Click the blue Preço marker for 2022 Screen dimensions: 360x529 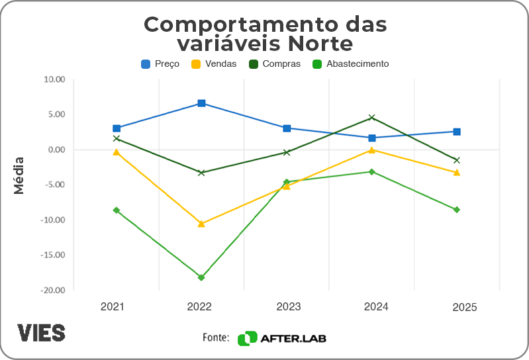[201, 103]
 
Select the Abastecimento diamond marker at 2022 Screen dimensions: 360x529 [201, 277]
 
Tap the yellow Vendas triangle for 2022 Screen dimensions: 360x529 [201, 224]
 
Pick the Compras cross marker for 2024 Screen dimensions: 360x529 [372, 118]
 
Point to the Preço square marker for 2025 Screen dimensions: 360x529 [457, 132]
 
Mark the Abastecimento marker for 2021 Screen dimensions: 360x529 [117, 210]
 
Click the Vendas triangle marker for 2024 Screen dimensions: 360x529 [372, 150]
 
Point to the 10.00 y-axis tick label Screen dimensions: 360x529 [54, 79]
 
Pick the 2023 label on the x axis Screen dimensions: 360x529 [288, 307]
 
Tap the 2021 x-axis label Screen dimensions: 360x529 [113, 307]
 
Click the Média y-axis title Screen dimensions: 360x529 [19, 175]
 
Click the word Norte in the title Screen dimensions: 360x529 [316, 44]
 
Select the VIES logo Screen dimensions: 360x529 [41, 332]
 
